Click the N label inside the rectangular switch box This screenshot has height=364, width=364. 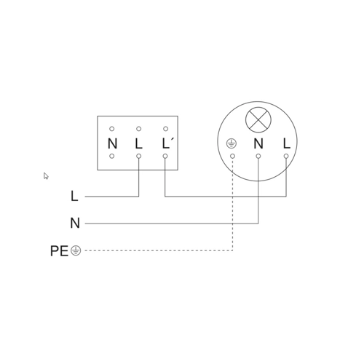tap(112, 143)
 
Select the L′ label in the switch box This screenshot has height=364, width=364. tap(167, 143)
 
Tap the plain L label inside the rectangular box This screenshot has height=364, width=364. tap(138, 143)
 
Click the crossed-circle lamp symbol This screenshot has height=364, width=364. tap(258, 119)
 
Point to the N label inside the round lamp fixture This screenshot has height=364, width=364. tap(258, 143)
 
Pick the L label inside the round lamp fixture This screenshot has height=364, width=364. tap(287, 143)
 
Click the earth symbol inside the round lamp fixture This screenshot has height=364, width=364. tap(232, 143)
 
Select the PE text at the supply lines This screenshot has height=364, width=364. tap(59, 251)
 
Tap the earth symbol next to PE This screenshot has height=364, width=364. tap(76, 250)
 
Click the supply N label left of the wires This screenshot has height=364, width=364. tap(75, 223)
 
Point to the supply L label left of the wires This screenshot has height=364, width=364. tap(74, 196)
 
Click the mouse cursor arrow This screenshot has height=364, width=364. tap(46, 176)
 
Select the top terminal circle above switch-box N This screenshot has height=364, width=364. tap(111, 129)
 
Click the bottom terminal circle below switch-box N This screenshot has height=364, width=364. tap(111, 156)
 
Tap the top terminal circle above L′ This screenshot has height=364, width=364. tap(165, 129)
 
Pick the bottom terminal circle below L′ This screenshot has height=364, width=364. tap(165, 156)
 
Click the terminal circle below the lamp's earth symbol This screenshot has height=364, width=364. tap(232, 156)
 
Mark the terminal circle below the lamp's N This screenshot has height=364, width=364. tap(258, 156)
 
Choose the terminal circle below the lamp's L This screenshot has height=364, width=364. tap(286, 156)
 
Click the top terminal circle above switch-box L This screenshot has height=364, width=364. tap(138, 129)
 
